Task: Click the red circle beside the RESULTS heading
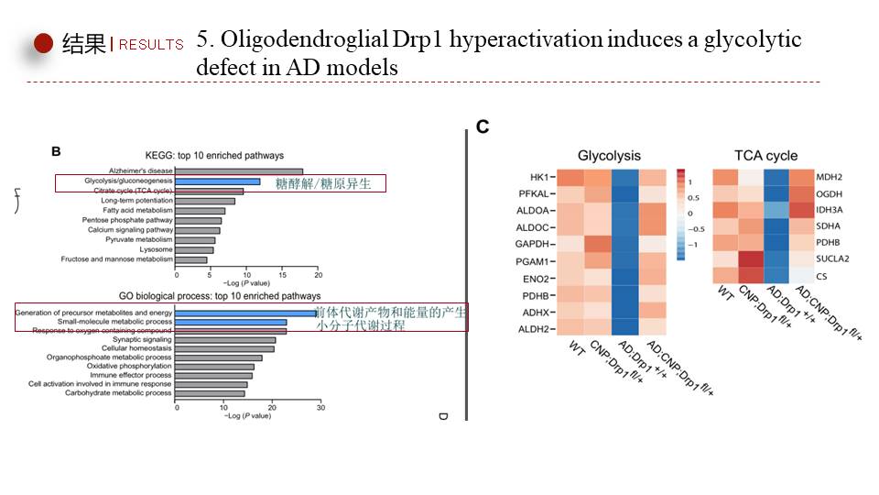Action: pyautogui.click(x=43, y=42)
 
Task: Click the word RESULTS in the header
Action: pyautogui.click(x=151, y=44)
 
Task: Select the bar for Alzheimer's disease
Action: pyautogui.click(x=239, y=170)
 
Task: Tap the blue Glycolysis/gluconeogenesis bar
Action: pyautogui.click(x=218, y=181)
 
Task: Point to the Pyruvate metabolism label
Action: pyautogui.click(x=140, y=239)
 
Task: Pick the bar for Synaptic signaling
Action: pyautogui.click(x=225, y=340)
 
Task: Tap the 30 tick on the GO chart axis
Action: pyautogui.click(x=320, y=409)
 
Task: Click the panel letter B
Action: pyautogui.click(x=56, y=150)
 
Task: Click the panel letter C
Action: pyautogui.click(x=483, y=127)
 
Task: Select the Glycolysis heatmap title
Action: pyautogui.click(x=609, y=156)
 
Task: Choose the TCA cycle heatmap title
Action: pyautogui.click(x=765, y=156)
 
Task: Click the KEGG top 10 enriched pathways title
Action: pyautogui.click(x=214, y=156)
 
